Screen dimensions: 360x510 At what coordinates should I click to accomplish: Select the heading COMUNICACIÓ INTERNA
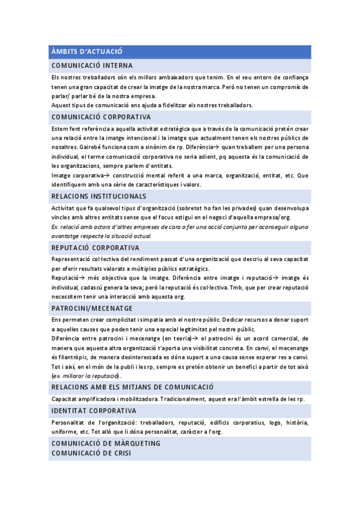click(92, 65)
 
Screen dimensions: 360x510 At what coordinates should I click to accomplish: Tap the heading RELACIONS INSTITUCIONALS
click(99, 197)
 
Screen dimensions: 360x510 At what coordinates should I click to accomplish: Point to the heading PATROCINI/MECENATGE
click(92, 308)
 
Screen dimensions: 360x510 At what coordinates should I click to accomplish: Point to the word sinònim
click(154, 147)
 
